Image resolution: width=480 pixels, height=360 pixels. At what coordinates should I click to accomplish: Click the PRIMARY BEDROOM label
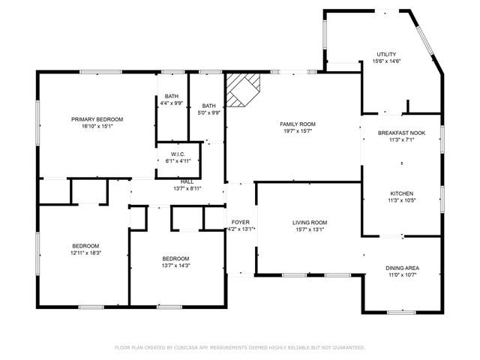point(97,119)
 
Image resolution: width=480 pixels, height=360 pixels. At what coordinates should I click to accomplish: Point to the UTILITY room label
point(386,55)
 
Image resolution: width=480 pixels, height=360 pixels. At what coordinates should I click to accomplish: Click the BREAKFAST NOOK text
point(401,133)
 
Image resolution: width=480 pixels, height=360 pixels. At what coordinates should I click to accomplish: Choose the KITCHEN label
point(401,193)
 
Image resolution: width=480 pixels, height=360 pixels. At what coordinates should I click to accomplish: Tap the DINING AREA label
point(402,268)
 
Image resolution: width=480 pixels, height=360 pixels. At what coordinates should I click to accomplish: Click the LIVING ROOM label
point(310,223)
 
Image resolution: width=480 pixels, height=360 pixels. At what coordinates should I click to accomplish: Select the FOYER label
point(240,223)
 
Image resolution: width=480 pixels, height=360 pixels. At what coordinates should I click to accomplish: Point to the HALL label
point(187,181)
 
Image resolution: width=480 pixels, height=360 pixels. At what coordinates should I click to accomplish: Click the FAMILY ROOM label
point(298,124)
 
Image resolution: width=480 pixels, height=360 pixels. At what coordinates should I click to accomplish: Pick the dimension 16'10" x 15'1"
point(97,126)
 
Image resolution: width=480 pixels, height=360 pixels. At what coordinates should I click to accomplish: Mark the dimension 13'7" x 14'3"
point(176,265)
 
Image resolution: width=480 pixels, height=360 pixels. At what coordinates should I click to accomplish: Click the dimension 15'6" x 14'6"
point(386,61)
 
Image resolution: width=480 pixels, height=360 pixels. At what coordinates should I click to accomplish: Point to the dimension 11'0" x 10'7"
point(402,274)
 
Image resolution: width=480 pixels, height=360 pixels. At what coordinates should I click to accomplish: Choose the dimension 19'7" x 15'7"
point(298,131)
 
